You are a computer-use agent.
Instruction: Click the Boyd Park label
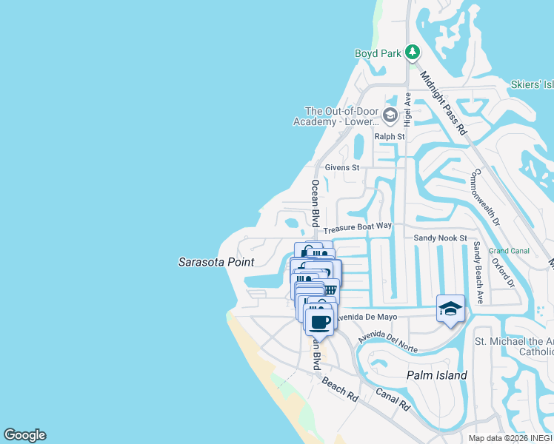[x=377, y=53]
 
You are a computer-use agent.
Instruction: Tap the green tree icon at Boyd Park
[x=413, y=53]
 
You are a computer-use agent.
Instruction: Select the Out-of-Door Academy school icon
[x=390, y=115]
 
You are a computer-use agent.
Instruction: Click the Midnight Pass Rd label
[x=444, y=101]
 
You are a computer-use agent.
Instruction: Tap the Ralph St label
[x=390, y=137]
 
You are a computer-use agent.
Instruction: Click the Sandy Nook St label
[x=440, y=238]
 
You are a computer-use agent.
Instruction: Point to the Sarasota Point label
[x=216, y=262]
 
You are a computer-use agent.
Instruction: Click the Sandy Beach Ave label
[x=478, y=272]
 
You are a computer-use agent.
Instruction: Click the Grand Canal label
[x=508, y=251]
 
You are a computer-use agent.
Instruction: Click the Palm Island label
[x=437, y=375]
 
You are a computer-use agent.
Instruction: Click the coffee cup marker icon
[x=320, y=323]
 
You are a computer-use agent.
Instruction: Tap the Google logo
[x=24, y=435]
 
